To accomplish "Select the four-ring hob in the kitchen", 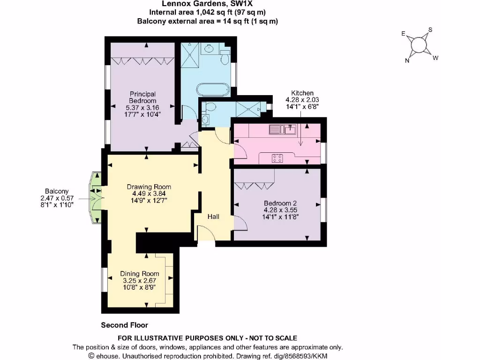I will click(x=277, y=158).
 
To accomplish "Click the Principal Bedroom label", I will click(x=142, y=97).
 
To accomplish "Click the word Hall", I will click(x=214, y=217).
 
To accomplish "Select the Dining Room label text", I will click(x=139, y=274).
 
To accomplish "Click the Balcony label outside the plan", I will click(x=57, y=191).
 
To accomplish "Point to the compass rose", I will click(x=419, y=45).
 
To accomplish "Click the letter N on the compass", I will click(x=407, y=60).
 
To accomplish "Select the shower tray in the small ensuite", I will click(x=248, y=109).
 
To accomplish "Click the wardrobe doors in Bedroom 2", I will click(x=254, y=186).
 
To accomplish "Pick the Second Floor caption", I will click(x=125, y=325).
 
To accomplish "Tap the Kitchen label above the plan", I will click(x=302, y=93).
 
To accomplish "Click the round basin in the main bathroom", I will click(x=208, y=48).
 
